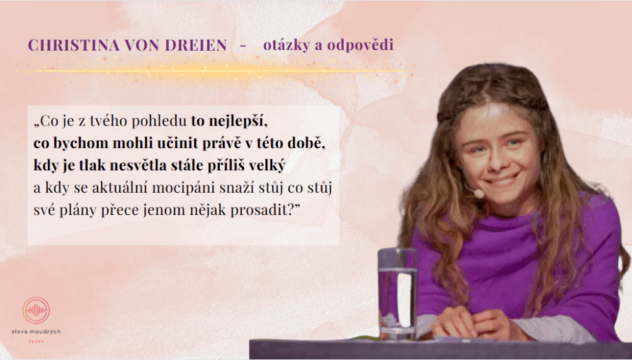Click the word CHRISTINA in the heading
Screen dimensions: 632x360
tap(74, 45)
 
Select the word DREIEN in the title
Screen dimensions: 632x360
tap(196, 45)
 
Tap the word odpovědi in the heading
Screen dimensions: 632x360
tap(360, 46)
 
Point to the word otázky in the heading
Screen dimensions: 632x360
tap(286, 46)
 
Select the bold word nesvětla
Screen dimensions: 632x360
tap(140, 165)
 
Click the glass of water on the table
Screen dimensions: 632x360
tap(397, 292)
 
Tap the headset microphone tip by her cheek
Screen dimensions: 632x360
tap(478, 193)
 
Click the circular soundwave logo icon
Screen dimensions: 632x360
tap(36, 311)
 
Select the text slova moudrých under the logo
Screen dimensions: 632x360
tap(36, 332)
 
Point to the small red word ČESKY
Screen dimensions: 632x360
tap(36, 341)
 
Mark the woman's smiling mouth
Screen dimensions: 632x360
tap(501, 180)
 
